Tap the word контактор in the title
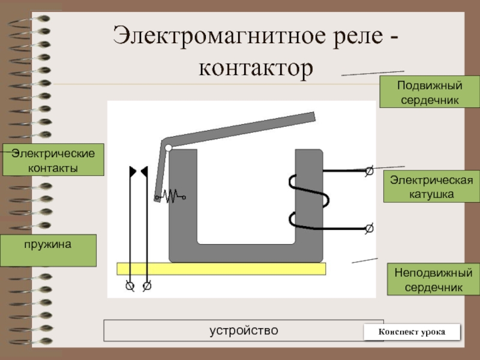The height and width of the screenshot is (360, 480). [256, 68]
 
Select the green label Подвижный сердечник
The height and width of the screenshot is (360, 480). [430, 92]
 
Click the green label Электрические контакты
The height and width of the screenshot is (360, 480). [53, 160]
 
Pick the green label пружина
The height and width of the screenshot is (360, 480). [48, 250]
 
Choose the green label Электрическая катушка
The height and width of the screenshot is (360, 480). [431, 187]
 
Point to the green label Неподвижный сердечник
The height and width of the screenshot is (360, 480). [433, 279]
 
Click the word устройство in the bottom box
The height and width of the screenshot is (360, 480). [244, 331]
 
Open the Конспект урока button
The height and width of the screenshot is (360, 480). [412, 332]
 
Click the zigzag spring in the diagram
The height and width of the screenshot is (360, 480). [170, 196]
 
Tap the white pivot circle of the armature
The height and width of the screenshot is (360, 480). [168, 148]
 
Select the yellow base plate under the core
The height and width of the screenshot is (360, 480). [221, 269]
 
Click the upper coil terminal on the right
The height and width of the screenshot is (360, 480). [370, 171]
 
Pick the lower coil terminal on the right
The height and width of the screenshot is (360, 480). [370, 228]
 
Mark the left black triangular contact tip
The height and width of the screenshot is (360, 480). [132, 172]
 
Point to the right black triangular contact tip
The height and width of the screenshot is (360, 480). [145, 172]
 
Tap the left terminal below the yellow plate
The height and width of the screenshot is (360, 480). [130, 286]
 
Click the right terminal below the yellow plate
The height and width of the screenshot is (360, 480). [147, 286]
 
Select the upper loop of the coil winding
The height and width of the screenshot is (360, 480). [308, 190]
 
